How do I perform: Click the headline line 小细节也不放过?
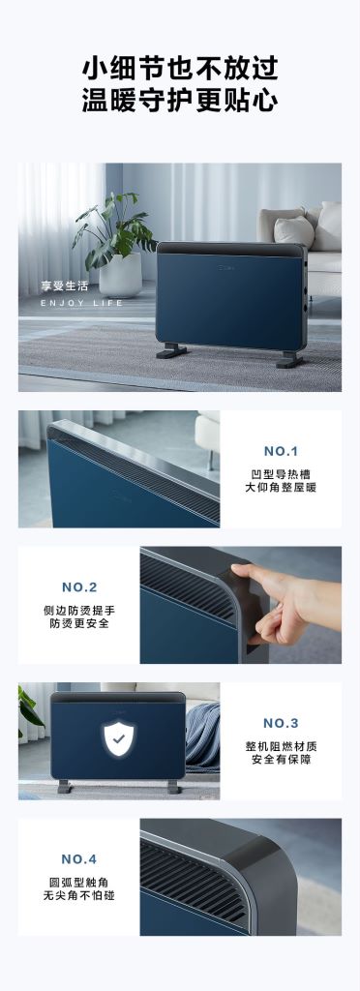[x=180, y=67]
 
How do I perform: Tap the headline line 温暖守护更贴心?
[x=180, y=100]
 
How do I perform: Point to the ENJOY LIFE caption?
[x=81, y=303]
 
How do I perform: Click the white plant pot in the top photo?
[x=121, y=275]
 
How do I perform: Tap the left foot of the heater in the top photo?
[x=171, y=350]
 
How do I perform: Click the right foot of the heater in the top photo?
[x=289, y=359]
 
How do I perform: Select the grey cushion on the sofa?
[x=293, y=230]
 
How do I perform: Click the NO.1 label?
[x=281, y=451]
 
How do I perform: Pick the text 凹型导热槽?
[x=281, y=474]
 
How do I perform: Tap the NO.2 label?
[x=79, y=587]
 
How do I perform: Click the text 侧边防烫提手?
[x=79, y=611]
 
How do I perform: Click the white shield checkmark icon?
[x=119, y=737]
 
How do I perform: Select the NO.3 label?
[x=281, y=723]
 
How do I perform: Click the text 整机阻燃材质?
[x=281, y=746]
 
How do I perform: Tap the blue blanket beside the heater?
[x=202, y=736]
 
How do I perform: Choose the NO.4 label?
[x=79, y=859]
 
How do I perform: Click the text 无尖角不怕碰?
[x=79, y=895]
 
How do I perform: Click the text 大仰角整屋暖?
[x=281, y=488]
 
